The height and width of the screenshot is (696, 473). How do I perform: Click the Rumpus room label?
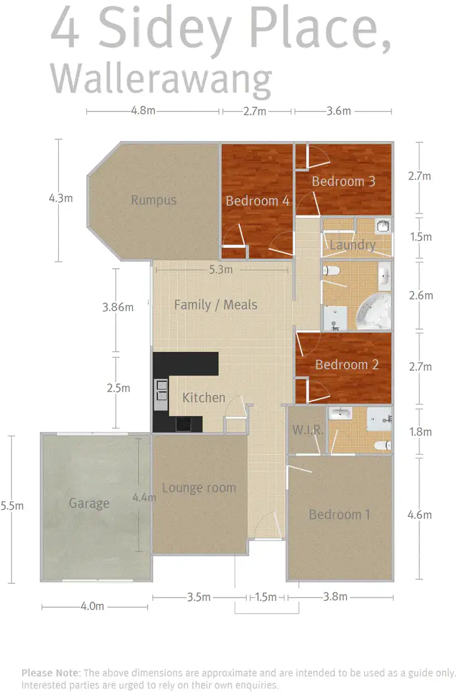pyautogui.click(x=153, y=200)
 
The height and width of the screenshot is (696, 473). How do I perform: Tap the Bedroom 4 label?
pyautogui.click(x=257, y=201)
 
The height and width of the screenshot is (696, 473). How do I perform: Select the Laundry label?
pyautogui.click(x=353, y=245)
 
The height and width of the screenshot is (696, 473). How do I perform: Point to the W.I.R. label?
pyautogui.click(x=307, y=431)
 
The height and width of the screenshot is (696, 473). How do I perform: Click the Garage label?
pyautogui.click(x=89, y=503)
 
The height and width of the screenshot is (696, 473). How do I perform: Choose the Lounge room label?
pyautogui.click(x=199, y=488)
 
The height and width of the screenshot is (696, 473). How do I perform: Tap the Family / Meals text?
pyautogui.click(x=216, y=305)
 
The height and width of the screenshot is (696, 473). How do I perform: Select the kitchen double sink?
pyautogui.click(x=161, y=390)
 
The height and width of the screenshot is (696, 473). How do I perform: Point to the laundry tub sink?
pyautogui.click(x=382, y=226)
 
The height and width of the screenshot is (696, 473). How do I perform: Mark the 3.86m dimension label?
pyautogui.click(x=118, y=308)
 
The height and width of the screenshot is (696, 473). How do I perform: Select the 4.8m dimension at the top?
pyautogui.click(x=143, y=111)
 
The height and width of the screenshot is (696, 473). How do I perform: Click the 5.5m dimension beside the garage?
pyautogui.click(x=12, y=506)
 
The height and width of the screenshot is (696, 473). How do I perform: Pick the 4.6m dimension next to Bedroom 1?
pyautogui.click(x=419, y=514)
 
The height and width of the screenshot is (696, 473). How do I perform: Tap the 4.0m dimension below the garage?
pyautogui.click(x=92, y=606)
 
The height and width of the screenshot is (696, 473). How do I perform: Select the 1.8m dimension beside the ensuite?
pyautogui.click(x=419, y=432)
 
